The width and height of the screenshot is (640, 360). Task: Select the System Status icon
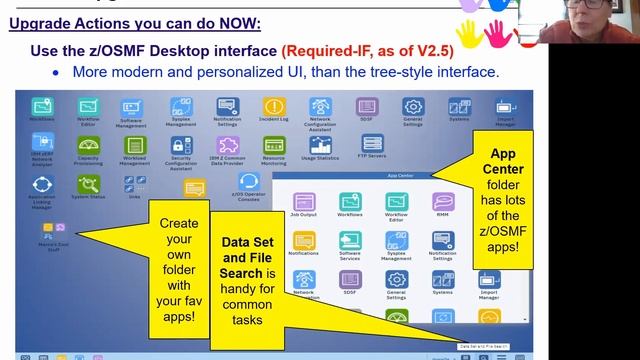click(x=87, y=183)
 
